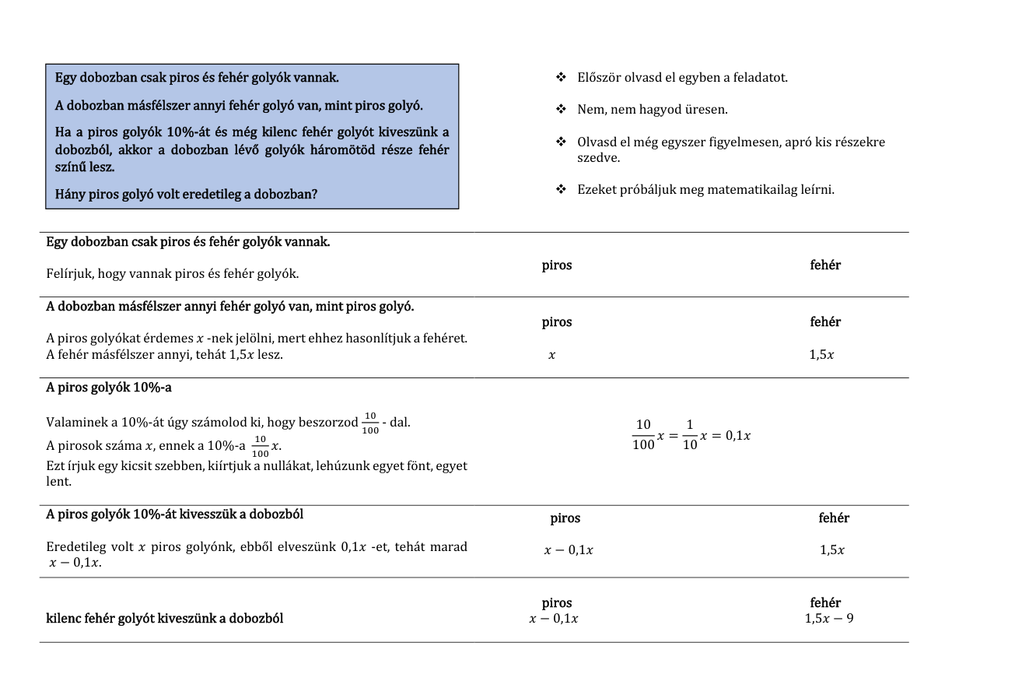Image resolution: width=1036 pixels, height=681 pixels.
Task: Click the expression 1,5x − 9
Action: coord(829,620)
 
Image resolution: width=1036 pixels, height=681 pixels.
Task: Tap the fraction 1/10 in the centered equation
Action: coord(690,435)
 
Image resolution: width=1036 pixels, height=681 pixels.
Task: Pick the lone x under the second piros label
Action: coord(551,355)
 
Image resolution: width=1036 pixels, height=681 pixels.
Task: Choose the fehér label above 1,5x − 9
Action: coord(825,602)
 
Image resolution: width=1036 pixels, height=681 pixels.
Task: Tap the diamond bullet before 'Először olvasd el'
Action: coord(560,78)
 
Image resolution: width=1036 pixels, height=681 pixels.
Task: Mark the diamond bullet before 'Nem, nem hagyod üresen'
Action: coord(560,110)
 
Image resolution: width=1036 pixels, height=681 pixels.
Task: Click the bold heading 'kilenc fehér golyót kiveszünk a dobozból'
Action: coord(165,619)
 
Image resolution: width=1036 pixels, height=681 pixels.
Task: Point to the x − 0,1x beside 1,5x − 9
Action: coord(554,620)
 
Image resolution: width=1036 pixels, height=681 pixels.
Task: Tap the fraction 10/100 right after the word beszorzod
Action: coord(370,423)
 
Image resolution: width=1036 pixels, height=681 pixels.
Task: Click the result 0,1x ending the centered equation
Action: coord(737,435)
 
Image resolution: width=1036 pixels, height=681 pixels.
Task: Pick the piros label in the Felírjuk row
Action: coord(557,265)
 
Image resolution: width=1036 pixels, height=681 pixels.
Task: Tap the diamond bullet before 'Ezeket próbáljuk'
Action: coord(560,189)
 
